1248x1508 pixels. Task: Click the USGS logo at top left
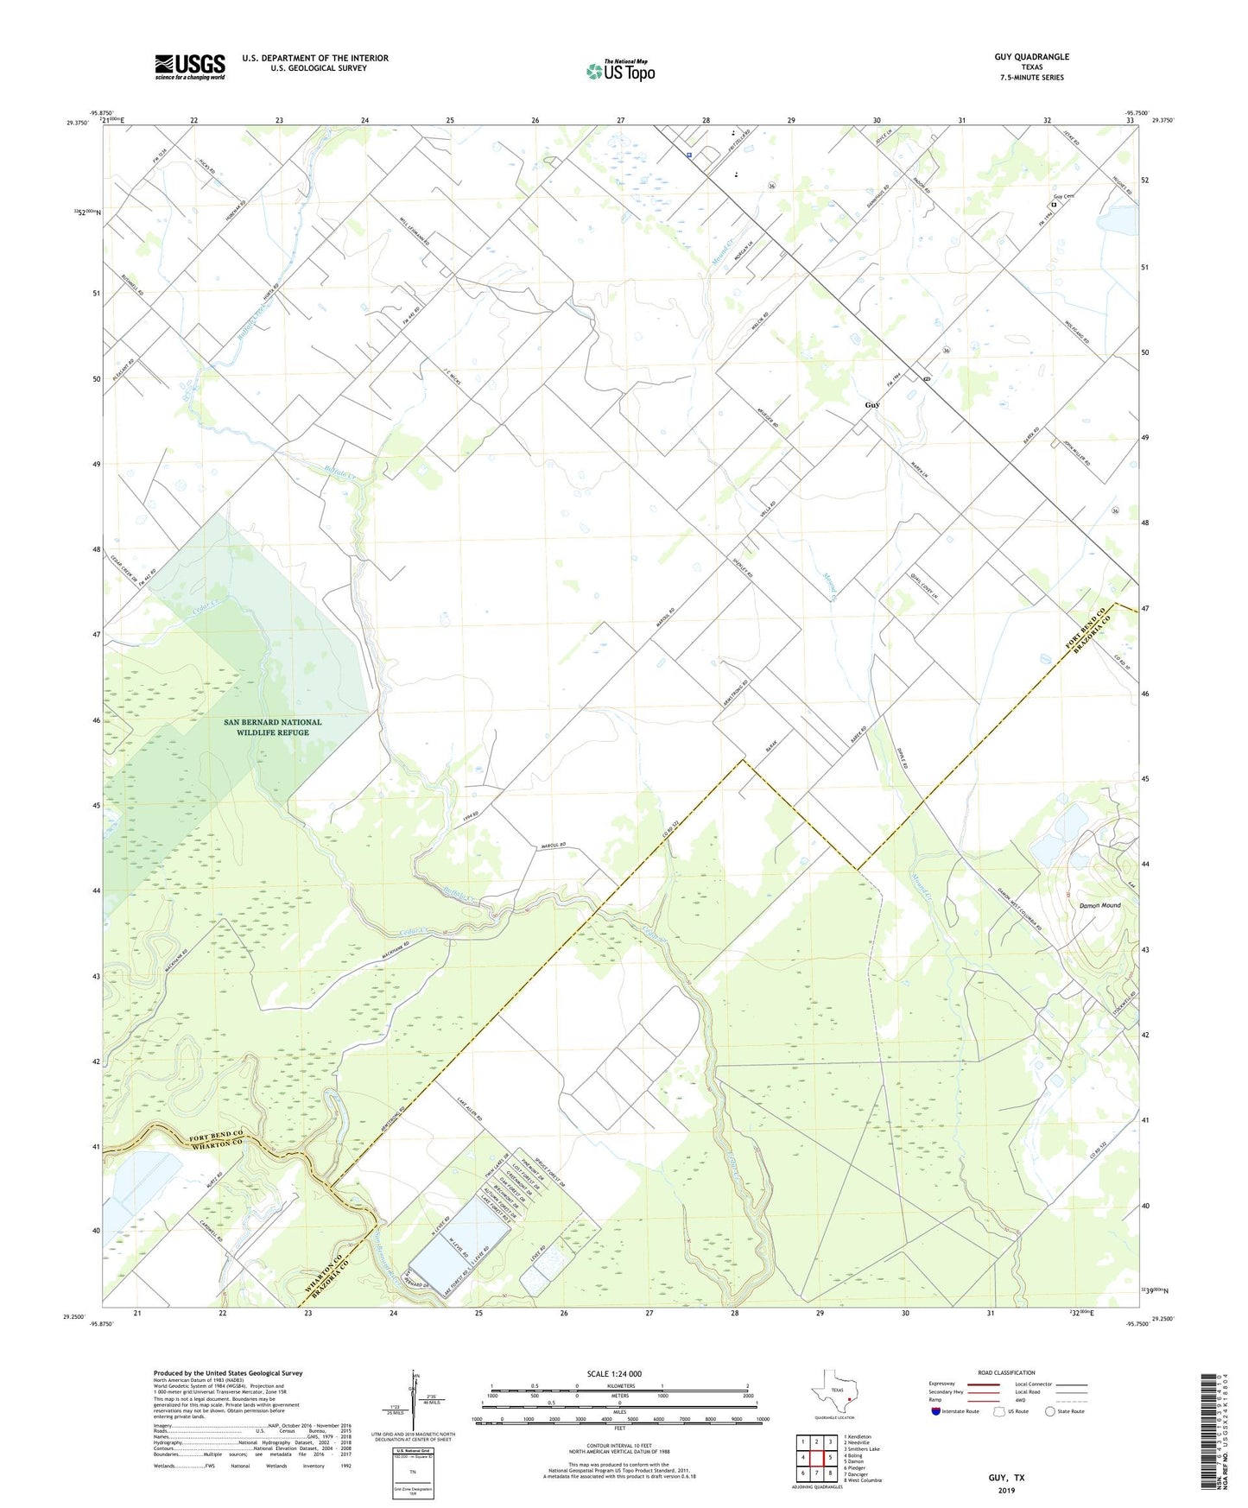coord(189,67)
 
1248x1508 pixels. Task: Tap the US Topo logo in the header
coord(620,70)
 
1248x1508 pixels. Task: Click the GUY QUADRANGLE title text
coord(1031,57)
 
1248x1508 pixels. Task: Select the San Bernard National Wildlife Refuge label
coord(272,727)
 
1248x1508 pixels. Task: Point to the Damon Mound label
coord(1099,905)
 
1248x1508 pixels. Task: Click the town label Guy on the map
coord(872,405)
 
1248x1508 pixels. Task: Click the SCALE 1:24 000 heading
coord(613,1374)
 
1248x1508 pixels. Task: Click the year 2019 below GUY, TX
coord(1006,1490)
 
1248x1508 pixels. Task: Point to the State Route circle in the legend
coord(1050,1411)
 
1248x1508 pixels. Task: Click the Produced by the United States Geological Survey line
coord(228,1372)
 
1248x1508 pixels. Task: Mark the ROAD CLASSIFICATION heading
coord(1006,1372)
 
